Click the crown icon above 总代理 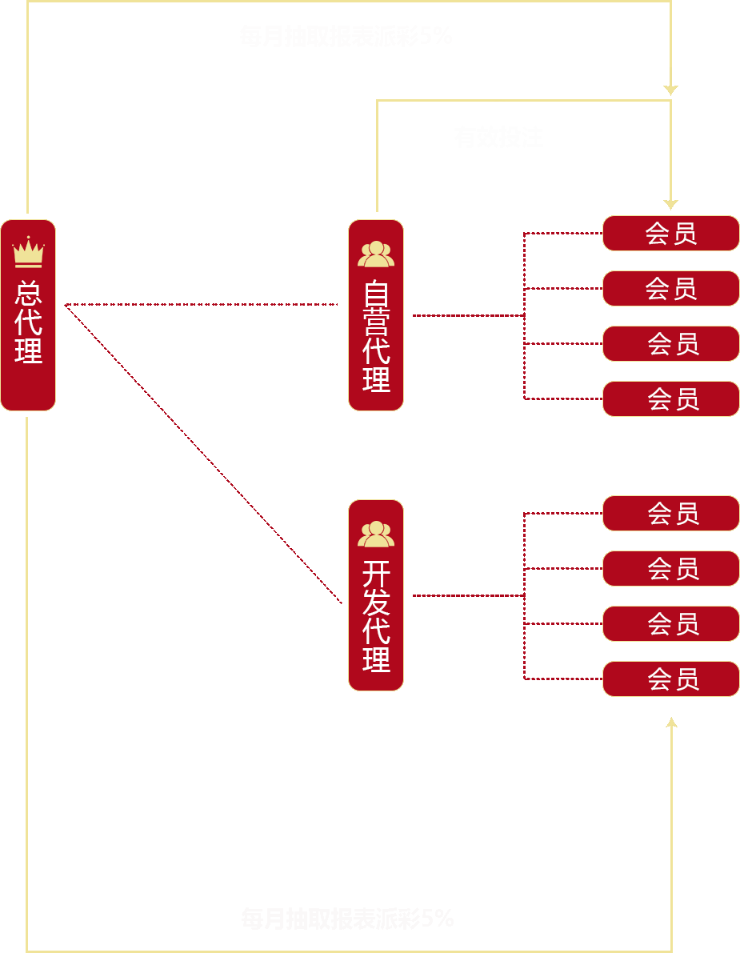pos(28,252)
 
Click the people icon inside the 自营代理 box pos(376,254)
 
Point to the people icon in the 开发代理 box pos(376,534)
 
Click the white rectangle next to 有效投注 pos(582,138)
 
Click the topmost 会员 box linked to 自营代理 pos(670,233)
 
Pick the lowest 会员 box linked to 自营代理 pos(670,398)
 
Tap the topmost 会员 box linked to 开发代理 pos(670,513)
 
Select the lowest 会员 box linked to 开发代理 pos(670,679)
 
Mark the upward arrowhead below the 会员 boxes pos(671,723)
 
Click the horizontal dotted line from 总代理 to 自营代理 pos(200,304)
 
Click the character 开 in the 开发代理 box pos(376,574)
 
